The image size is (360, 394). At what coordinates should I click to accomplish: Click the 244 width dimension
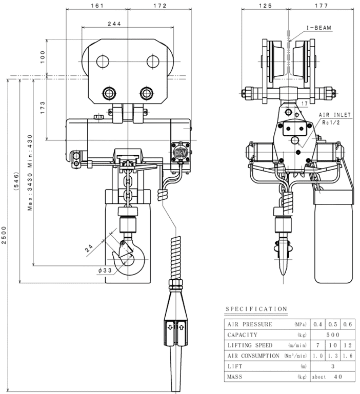114,25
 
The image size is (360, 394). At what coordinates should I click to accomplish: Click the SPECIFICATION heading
256,309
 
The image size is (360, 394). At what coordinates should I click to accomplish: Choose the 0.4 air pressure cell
318,324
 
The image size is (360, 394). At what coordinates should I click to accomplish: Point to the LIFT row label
236,366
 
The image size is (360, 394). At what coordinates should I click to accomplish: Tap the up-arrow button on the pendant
181,326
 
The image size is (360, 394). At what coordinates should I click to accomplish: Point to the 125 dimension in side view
265,6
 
